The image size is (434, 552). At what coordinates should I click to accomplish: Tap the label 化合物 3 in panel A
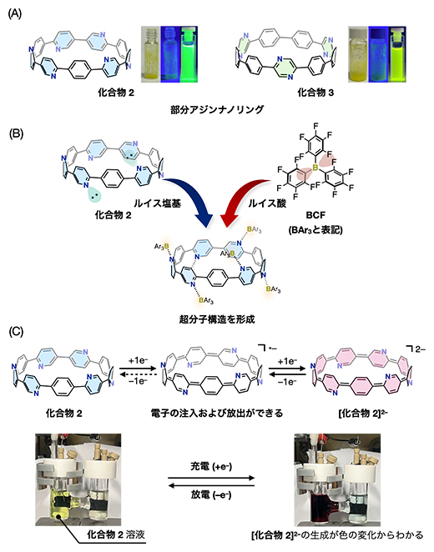[296, 90]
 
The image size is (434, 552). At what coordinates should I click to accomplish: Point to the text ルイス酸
[254, 201]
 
